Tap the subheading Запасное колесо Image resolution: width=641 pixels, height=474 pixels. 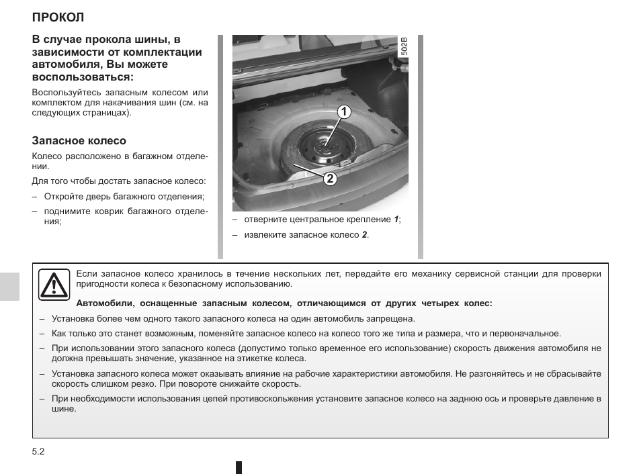79,141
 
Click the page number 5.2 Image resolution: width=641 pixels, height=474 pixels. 38,452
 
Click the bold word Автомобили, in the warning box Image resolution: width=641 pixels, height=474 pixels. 106,303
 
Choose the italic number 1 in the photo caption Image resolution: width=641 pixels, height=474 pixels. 396,220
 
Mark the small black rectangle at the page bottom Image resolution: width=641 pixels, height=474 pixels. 239,467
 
